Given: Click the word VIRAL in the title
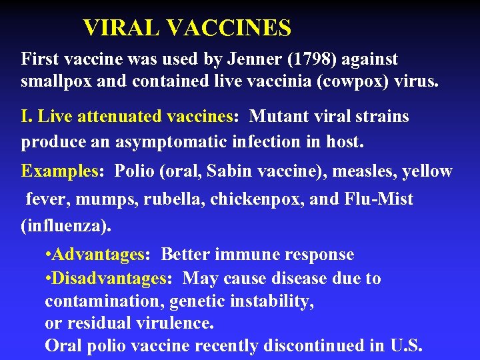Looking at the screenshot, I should (121, 28).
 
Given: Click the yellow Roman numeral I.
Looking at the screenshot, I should (25, 117).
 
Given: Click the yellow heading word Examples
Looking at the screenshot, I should (59, 171).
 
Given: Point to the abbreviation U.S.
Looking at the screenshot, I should (405, 346).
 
